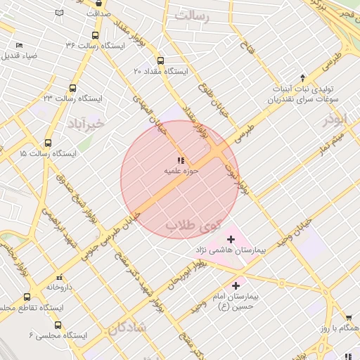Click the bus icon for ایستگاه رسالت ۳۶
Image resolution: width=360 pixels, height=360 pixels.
tap(95, 35)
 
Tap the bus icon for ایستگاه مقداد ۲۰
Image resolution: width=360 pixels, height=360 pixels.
tap(161, 61)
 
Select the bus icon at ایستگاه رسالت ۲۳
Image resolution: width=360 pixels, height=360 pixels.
tap(72, 89)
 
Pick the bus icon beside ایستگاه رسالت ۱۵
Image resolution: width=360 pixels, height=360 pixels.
tap(48, 143)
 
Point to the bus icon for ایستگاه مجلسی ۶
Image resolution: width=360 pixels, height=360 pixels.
tap(57, 326)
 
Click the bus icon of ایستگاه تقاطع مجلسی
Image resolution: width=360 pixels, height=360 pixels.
tap(27, 297)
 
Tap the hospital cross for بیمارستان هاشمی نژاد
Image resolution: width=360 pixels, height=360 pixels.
tap(231, 240)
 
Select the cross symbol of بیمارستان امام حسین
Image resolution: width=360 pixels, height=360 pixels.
tap(236, 285)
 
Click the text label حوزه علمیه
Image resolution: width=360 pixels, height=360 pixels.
tap(182, 170)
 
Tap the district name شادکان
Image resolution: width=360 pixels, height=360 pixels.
tap(128, 328)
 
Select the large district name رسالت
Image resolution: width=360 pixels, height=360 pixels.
tap(193, 14)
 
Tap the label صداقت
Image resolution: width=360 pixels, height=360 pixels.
tap(99, 13)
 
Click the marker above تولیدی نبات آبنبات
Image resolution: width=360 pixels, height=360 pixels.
tap(303, 77)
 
